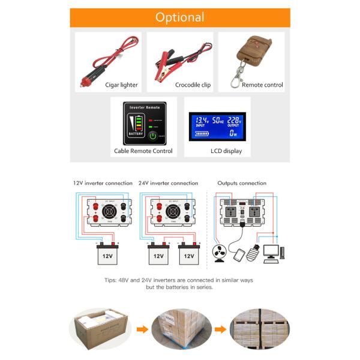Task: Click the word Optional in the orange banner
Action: click(x=179, y=17)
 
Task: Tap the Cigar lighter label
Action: click(x=121, y=85)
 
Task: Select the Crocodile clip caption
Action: click(x=193, y=85)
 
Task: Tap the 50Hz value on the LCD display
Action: click(x=217, y=120)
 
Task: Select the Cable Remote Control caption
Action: click(x=143, y=151)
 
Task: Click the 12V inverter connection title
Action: click(x=103, y=183)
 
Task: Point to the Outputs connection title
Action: click(x=242, y=183)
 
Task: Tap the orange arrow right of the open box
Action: click(x=142, y=329)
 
